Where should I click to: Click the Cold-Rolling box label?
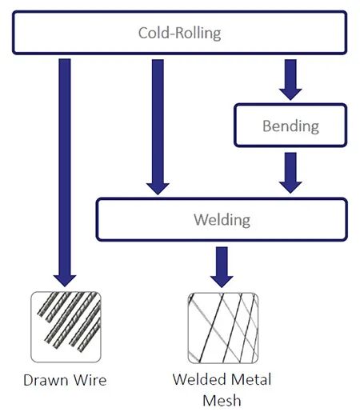click(179, 34)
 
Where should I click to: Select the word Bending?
click(290, 126)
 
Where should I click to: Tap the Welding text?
click(222, 220)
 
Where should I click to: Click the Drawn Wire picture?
click(66, 326)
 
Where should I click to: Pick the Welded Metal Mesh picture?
click(223, 328)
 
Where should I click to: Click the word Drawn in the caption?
click(46, 380)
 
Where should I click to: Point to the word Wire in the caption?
click(90, 380)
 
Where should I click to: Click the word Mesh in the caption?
click(222, 400)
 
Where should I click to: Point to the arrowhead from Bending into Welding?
click(290, 187)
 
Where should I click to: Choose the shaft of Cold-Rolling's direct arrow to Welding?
click(158, 122)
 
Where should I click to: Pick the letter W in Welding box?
click(201, 219)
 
